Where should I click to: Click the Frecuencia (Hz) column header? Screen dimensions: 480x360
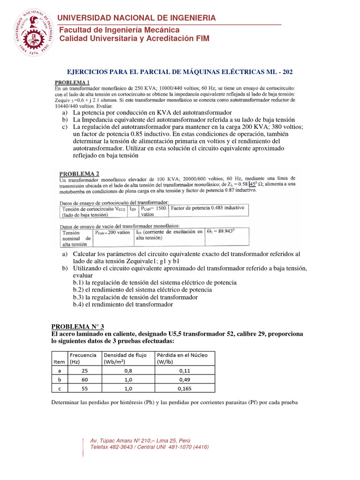tap(84, 359)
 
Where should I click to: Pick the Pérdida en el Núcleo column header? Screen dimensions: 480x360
tap(184, 359)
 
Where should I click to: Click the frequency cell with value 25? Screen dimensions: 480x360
tap(84, 370)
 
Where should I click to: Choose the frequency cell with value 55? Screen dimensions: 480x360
tap(84, 388)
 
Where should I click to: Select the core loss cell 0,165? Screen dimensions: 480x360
tap(184, 388)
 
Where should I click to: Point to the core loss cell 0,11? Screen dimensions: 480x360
tap(184, 370)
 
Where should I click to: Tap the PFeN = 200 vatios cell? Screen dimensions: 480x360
tap(112, 232)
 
